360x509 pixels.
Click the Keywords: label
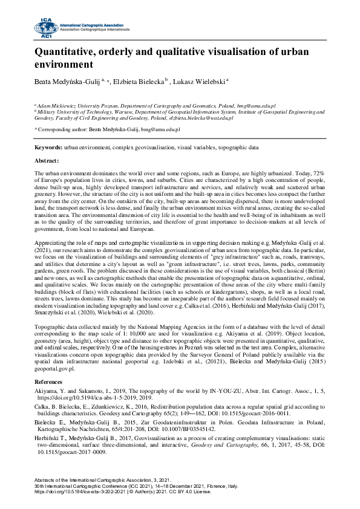pyautogui.click(x=48, y=148)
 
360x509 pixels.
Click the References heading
pyautogui.click(x=50, y=381)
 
